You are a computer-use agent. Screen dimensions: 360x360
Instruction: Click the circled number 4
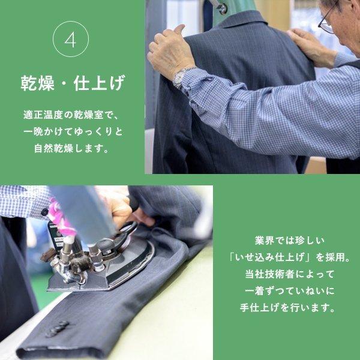[x=71, y=40]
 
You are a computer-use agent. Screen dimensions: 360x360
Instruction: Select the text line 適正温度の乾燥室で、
[x=71, y=115]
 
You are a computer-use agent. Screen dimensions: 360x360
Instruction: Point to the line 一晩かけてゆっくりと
[x=71, y=131]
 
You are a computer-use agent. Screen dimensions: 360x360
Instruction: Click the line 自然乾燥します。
[x=71, y=147]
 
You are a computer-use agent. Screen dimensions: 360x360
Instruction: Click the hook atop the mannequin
[x=220, y=7]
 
